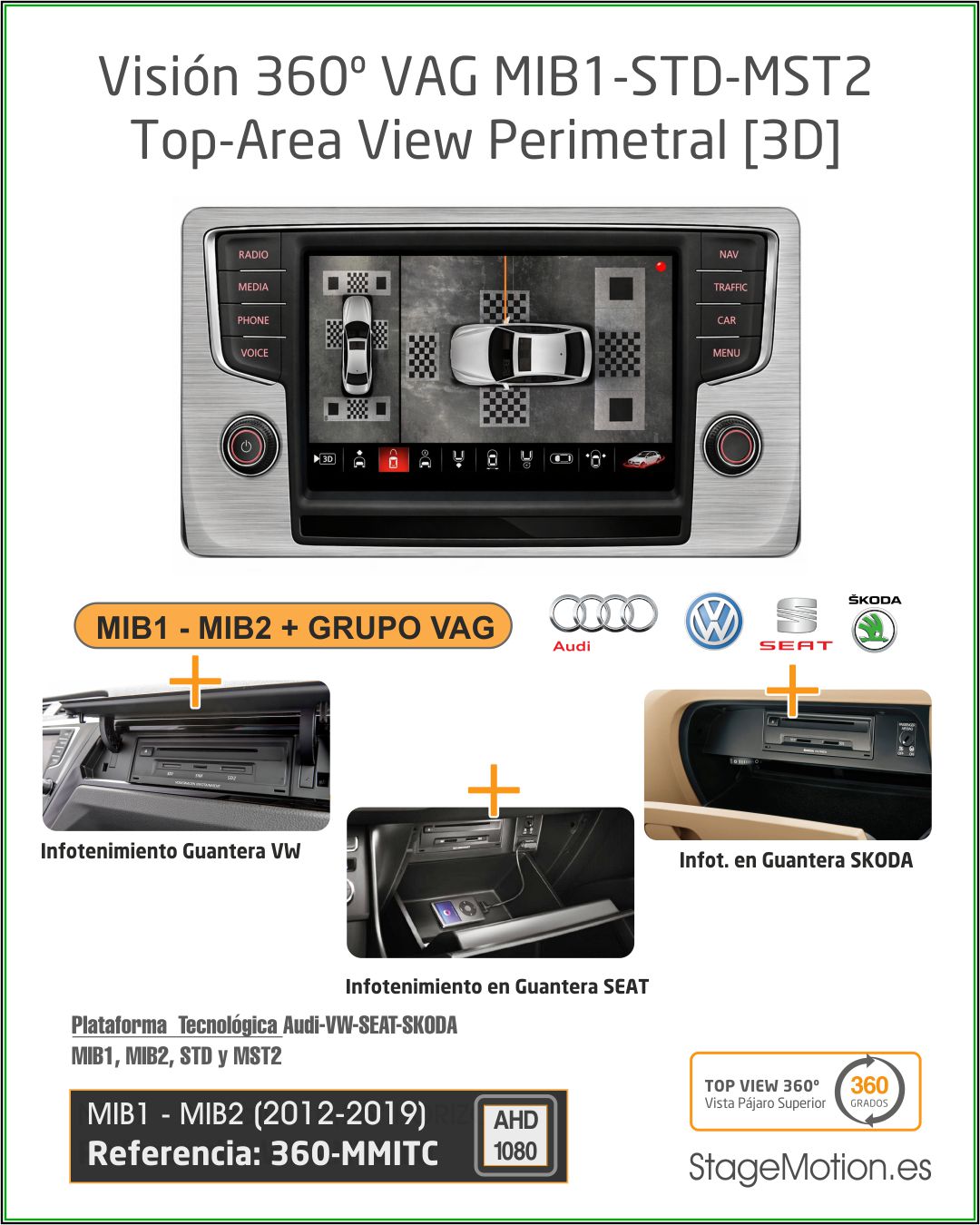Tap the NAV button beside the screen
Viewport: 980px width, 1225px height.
(x=728, y=255)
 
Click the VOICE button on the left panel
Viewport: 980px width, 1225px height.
(x=254, y=353)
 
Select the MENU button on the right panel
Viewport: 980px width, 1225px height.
(x=726, y=353)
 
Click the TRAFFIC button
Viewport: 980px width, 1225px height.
(x=730, y=288)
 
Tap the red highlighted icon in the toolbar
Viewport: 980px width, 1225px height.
(x=393, y=459)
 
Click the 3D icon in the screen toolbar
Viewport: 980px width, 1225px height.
(x=325, y=459)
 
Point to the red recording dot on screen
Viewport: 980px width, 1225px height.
(x=661, y=267)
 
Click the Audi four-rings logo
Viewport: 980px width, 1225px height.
(x=603, y=615)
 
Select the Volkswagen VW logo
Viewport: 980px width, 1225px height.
(x=713, y=622)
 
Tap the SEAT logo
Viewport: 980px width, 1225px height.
(x=796, y=623)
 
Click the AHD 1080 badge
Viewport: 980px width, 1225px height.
(x=515, y=1136)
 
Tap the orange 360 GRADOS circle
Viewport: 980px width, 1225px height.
(x=868, y=1092)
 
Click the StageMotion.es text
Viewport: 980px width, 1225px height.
(x=809, y=1167)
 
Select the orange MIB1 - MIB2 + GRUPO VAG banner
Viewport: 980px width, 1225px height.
(x=292, y=627)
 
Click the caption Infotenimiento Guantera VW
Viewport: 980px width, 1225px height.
(x=170, y=851)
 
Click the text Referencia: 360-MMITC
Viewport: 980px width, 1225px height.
(x=263, y=1154)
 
